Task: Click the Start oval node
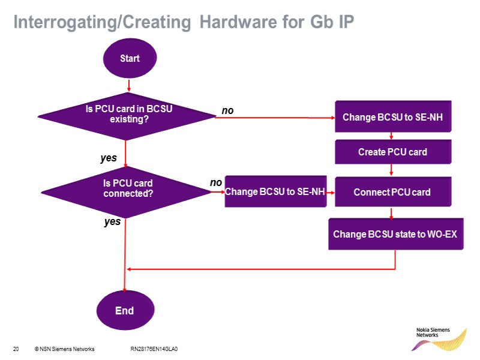tap(130, 59)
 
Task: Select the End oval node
tap(124, 311)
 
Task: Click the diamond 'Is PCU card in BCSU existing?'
tap(126, 116)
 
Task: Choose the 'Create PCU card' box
tap(392, 152)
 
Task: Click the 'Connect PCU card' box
tap(392, 192)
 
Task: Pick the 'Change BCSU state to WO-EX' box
tap(395, 233)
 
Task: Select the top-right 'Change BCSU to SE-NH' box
tap(392, 117)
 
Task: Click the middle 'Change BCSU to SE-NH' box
tap(275, 192)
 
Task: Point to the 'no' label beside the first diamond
tap(227, 110)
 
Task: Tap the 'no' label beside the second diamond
tap(215, 182)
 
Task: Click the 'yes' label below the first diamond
tap(108, 159)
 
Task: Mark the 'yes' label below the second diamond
tap(112, 222)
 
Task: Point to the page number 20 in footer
tap(16, 349)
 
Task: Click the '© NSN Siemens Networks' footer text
tap(64, 349)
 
